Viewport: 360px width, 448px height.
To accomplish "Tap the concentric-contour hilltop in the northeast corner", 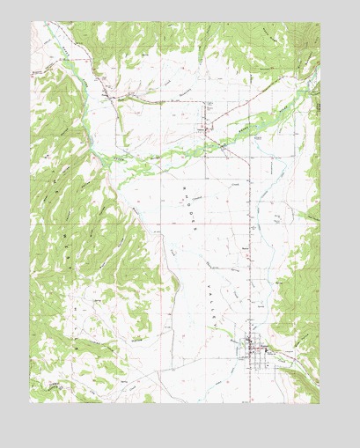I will click(x=310, y=35).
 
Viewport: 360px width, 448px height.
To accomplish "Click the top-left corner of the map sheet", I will click(x=30, y=22).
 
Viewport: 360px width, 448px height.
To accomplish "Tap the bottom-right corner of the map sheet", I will click(x=320, y=403).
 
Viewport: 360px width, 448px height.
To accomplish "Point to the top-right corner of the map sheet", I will click(x=320, y=22).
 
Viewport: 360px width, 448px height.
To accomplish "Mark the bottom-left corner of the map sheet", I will click(x=30, y=403).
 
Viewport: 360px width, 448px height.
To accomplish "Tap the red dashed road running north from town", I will click(x=257, y=264).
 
